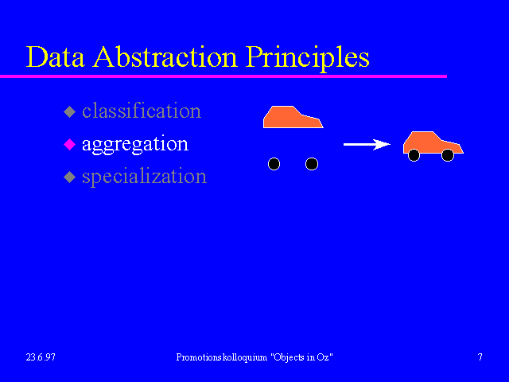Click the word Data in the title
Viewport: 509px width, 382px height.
pyautogui.click(x=55, y=57)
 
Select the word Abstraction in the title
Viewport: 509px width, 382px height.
pyautogui.click(x=165, y=57)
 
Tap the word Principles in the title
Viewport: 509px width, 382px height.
pyautogui.click(x=308, y=58)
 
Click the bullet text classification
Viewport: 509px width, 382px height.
pyautogui.click(x=142, y=111)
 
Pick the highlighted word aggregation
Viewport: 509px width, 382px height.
pyautogui.click(x=135, y=145)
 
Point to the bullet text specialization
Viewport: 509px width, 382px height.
pyautogui.click(x=144, y=177)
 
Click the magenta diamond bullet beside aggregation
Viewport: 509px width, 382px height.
pyautogui.click(x=69, y=144)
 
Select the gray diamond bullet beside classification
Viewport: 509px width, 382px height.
pyautogui.click(x=69, y=111)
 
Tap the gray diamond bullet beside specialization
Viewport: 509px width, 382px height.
pyautogui.click(x=69, y=177)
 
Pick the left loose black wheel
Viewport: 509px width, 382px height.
pyautogui.click(x=274, y=164)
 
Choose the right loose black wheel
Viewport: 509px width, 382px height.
pyautogui.click(x=312, y=164)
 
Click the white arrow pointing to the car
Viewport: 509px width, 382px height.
pyautogui.click(x=367, y=144)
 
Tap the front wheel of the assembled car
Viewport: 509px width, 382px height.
pyautogui.click(x=448, y=155)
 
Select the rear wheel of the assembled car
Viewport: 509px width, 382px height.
pyautogui.click(x=414, y=155)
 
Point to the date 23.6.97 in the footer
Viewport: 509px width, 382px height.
pyautogui.click(x=41, y=357)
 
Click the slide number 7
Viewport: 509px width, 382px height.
pyautogui.click(x=480, y=357)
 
